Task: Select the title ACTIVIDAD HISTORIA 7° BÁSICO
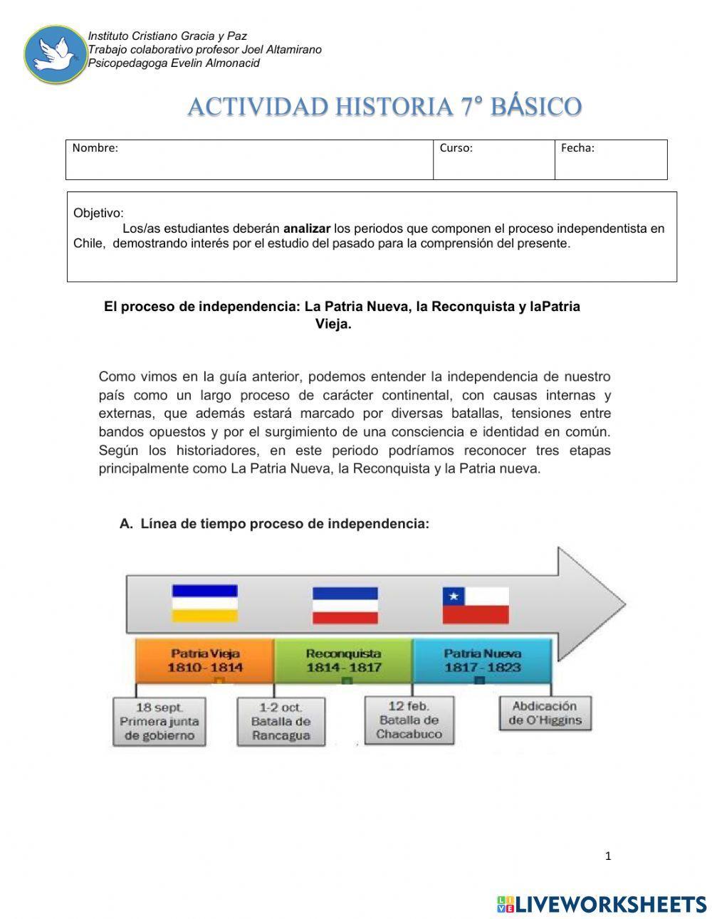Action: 384,107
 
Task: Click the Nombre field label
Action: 95,148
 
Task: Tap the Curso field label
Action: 456,148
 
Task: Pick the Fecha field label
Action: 577,148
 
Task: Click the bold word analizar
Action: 307,229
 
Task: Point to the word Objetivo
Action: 98,213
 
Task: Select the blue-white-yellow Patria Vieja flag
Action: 204,603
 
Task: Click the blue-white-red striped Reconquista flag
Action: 345,605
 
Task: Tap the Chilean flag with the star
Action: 476,605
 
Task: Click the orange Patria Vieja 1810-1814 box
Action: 204,661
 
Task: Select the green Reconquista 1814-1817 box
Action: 343,661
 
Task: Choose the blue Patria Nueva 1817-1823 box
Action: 482,661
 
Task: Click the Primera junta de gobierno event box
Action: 159,721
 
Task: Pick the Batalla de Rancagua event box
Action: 281,721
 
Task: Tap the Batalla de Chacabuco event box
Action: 409,720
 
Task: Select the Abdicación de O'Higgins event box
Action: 545,713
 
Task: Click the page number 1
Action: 607,856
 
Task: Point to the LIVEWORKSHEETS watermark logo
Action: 601,904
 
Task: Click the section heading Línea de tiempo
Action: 285,524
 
